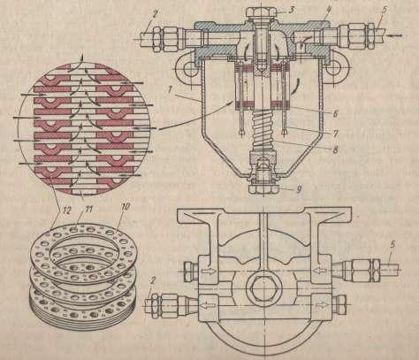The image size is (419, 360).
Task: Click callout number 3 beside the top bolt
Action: click(291, 9)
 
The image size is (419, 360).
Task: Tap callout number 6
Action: click(335, 113)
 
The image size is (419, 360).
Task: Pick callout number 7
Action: click(335, 133)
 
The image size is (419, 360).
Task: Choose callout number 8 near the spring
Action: click(335, 149)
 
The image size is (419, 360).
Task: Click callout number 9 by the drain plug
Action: click(299, 188)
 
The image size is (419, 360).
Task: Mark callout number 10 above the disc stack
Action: click(125, 207)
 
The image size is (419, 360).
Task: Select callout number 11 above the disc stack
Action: click(89, 209)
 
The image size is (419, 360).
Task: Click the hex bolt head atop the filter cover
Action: click(261, 12)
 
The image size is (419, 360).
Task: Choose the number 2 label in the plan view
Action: click(153, 281)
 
